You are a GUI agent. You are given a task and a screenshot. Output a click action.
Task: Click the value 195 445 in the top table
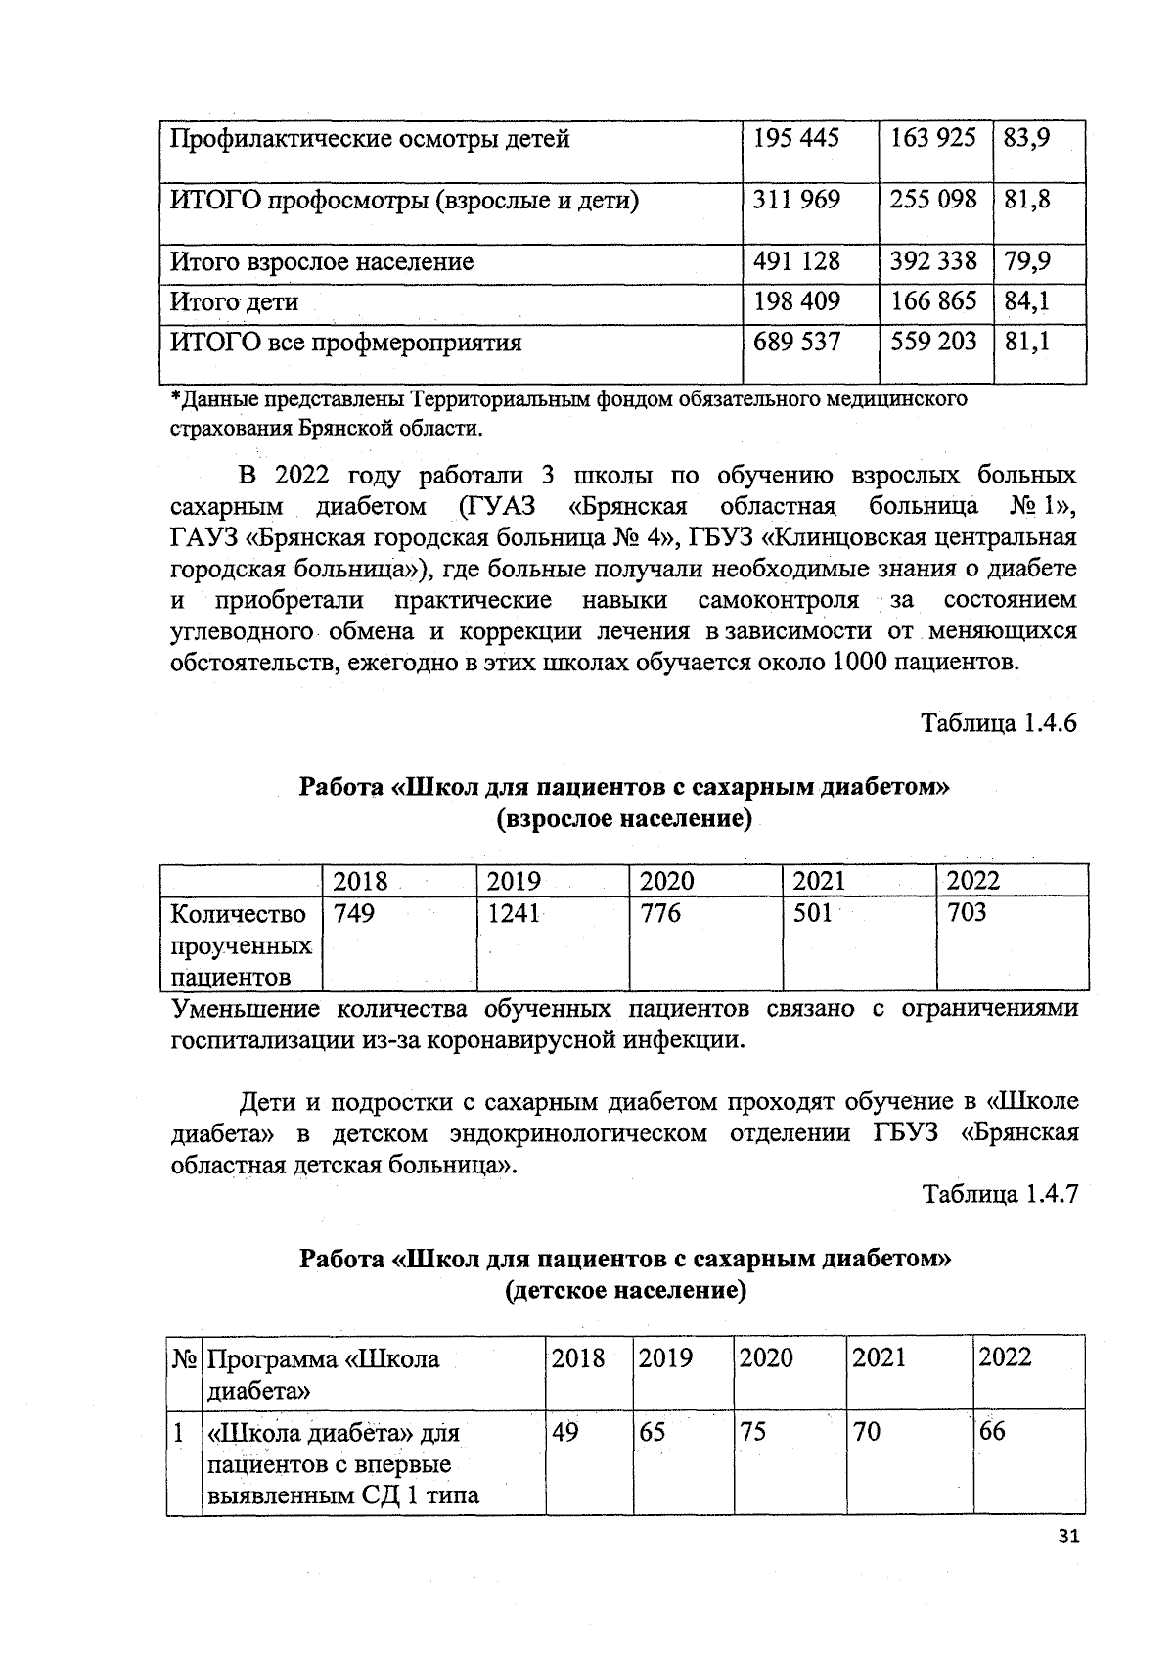pos(796,138)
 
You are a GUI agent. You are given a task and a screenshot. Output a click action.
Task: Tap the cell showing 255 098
pos(933,200)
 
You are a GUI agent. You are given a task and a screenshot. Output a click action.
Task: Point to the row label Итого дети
pos(235,302)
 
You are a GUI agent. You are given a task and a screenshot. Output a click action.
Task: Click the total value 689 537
pos(796,343)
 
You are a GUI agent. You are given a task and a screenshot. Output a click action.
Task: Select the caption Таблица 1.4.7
pos(999,1195)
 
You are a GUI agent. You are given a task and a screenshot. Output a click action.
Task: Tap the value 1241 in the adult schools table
pos(514,913)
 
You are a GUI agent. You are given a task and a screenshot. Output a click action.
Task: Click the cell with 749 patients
pos(354,913)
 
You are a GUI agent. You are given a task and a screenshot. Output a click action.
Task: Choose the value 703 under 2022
pos(967,913)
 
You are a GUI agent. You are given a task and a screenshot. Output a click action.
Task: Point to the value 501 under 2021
pos(812,913)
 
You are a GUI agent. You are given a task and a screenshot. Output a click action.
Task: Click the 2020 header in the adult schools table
pos(667,881)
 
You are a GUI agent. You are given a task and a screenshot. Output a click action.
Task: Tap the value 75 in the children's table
pos(753,1432)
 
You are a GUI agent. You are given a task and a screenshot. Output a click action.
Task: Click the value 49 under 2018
pos(564,1432)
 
